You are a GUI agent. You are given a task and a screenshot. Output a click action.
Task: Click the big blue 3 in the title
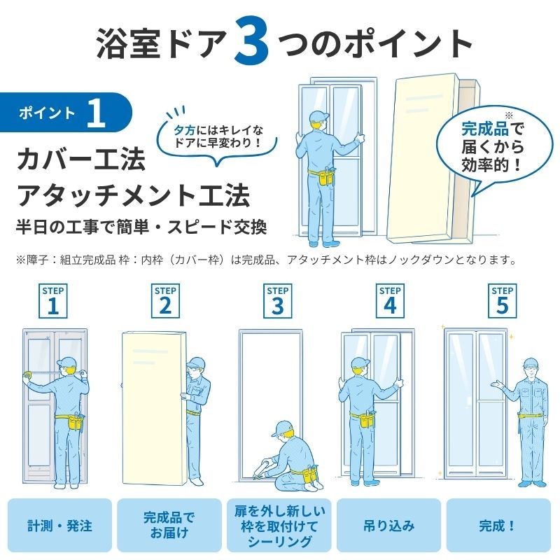[x=251, y=41]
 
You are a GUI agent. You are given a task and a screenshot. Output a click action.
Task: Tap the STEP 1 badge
[x=53, y=301]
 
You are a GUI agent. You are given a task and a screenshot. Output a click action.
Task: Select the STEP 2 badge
[x=165, y=301]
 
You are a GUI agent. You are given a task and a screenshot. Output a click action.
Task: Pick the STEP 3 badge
[x=277, y=301]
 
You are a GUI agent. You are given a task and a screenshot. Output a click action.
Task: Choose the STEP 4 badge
[x=390, y=301]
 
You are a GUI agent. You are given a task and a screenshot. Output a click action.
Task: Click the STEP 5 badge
[x=503, y=301]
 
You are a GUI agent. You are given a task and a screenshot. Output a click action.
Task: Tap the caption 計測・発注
[x=59, y=526]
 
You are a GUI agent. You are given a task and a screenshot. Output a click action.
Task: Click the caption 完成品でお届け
[x=169, y=525]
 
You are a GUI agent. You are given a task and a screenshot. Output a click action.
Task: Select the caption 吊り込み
[x=389, y=526]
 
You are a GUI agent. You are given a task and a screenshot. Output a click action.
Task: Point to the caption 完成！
[x=498, y=526]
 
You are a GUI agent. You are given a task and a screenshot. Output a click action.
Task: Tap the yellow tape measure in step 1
[x=27, y=375]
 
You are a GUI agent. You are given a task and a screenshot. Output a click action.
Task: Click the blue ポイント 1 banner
[x=66, y=113]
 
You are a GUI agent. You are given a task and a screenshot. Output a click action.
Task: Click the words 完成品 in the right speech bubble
[x=484, y=129]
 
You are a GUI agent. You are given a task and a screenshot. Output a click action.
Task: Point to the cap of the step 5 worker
[x=531, y=362]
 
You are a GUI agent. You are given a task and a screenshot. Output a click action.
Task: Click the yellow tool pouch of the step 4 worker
[x=365, y=419]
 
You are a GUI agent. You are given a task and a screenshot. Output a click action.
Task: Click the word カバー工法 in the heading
[x=81, y=160]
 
